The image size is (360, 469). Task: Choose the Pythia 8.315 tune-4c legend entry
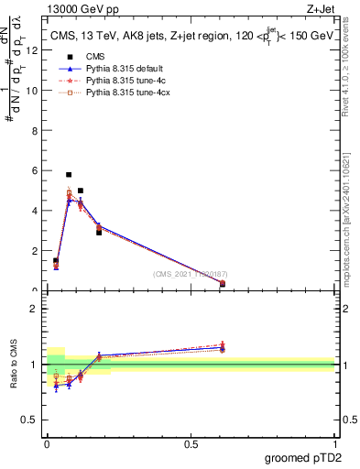point(115,81)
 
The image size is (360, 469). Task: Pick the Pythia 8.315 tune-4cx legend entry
point(116,93)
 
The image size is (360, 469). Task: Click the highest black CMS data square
point(69,174)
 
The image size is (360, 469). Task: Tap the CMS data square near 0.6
point(223,284)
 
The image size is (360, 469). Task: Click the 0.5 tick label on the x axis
point(191,443)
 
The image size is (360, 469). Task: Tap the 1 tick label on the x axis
point(334,443)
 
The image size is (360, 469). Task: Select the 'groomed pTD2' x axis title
point(305,457)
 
